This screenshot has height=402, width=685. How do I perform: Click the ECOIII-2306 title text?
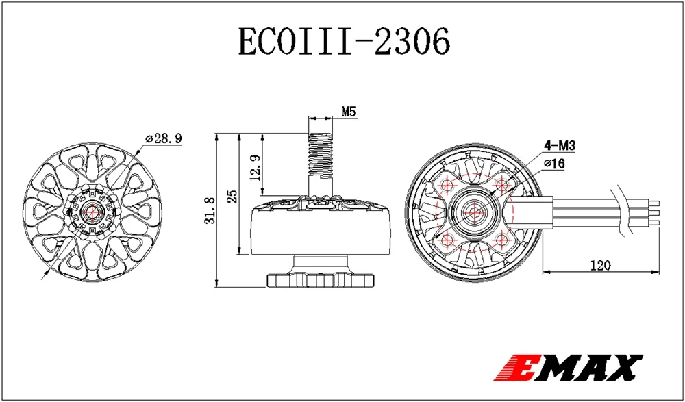coord(344,42)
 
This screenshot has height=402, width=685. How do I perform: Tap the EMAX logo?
coord(569,366)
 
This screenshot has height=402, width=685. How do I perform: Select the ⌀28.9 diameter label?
coord(163,138)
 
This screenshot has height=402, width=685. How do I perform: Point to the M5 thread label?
coord(349,112)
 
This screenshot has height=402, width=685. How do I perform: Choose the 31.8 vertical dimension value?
coord(210,211)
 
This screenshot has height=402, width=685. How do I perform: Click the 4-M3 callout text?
coord(560,145)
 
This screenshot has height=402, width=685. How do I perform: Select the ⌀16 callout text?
coord(555,164)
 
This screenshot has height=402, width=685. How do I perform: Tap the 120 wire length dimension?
coord(601,265)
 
